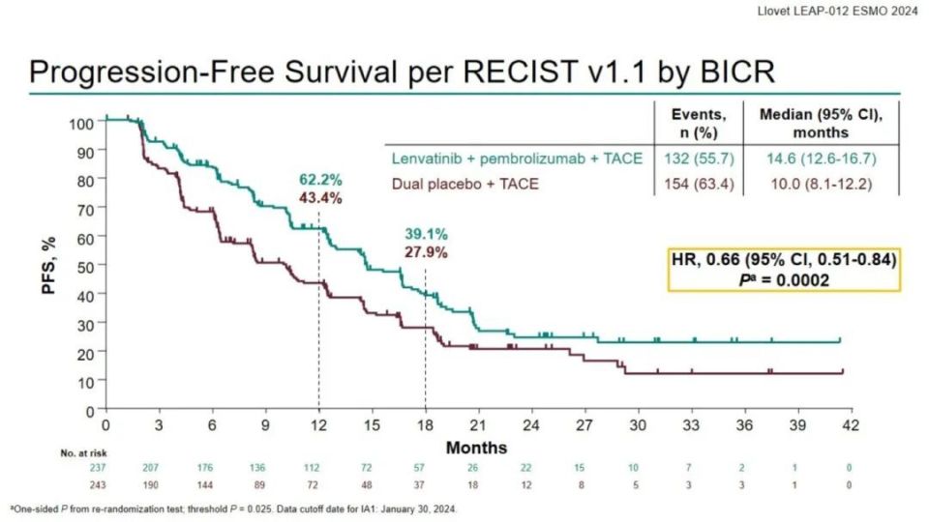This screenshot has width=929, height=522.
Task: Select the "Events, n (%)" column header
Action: pyautogui.click(x=699, y=123)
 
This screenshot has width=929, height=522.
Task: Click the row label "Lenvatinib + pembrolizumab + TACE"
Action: pyautogui.click(x=517, y=159)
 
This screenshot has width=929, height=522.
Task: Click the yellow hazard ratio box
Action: pyautogui.click(x=785, y=269)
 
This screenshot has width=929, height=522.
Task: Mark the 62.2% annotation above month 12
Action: pyautogui.click(x=318, y=180)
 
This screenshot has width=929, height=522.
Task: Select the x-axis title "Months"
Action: pyautogui.click(x=476, y=448)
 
